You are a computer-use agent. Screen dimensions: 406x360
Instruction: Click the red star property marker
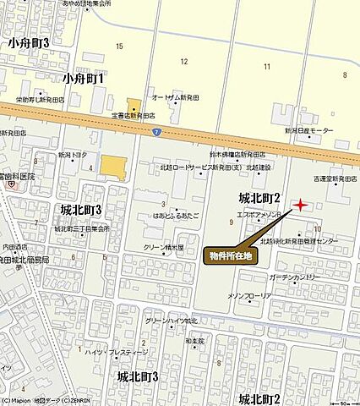(x=300, y=205)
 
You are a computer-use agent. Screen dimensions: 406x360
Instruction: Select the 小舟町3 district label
(x=29, y=42)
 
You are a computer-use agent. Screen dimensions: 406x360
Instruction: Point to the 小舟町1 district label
(x=83, y=79)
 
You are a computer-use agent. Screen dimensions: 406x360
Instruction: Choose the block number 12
(x=183, y=62)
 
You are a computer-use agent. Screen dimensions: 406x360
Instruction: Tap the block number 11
(x=266, y=66)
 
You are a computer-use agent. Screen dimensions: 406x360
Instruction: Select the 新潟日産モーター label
(x=308, y=131)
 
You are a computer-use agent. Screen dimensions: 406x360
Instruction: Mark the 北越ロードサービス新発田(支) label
(x=190, y=167)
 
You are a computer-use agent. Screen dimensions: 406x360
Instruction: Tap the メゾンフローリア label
(x=249, y=296)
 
